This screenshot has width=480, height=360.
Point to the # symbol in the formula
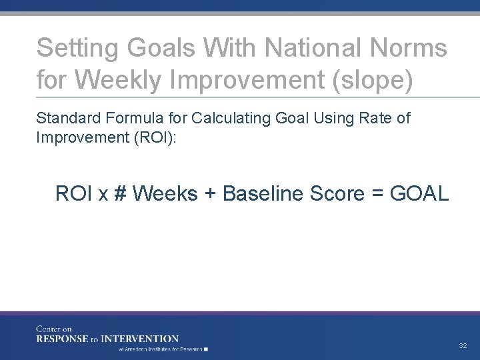click(120, 194)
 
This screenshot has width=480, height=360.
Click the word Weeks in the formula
click(165, 194)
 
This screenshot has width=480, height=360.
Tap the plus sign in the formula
click(210, 194)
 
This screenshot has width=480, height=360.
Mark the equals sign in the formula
click(377, 195)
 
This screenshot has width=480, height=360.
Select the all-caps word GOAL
click(420, 194)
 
